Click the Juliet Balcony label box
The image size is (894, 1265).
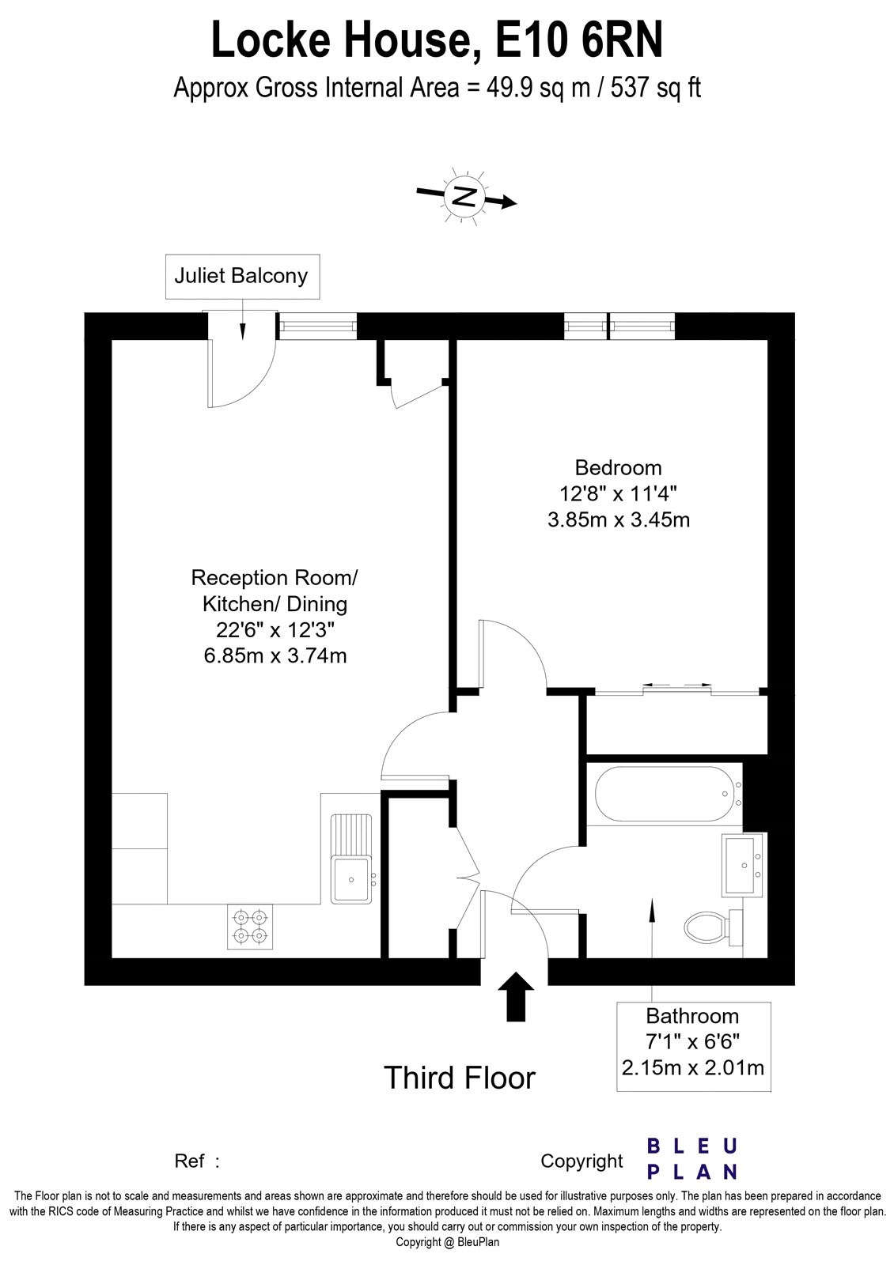(x=242, y=277)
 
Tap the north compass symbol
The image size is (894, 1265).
(x=465, y=195)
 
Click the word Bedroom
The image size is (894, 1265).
(x=618, y=467)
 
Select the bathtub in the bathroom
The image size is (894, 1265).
(x=664, y=793)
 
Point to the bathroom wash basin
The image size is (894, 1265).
(x=743, y=865)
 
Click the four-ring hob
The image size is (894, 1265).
(x=249, y=927)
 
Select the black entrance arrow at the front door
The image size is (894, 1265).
(x=516, y=996)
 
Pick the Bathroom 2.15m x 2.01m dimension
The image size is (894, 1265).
(x=693, y=1068)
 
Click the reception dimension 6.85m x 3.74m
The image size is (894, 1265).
(x=275, y=655)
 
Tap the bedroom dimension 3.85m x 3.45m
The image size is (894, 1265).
(x=618, y=519)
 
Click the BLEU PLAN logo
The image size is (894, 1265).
(x=692, y=1158)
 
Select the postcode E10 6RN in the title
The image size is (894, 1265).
(x=578, y=41)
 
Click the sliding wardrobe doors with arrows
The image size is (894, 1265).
(x=676, y=688)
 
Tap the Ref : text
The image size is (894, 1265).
(x=196, y=1161)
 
